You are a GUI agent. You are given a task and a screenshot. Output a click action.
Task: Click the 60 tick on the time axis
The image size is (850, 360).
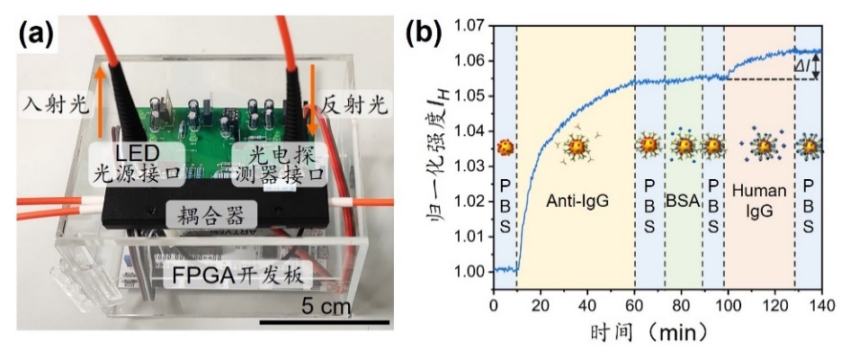pos(634,306)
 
